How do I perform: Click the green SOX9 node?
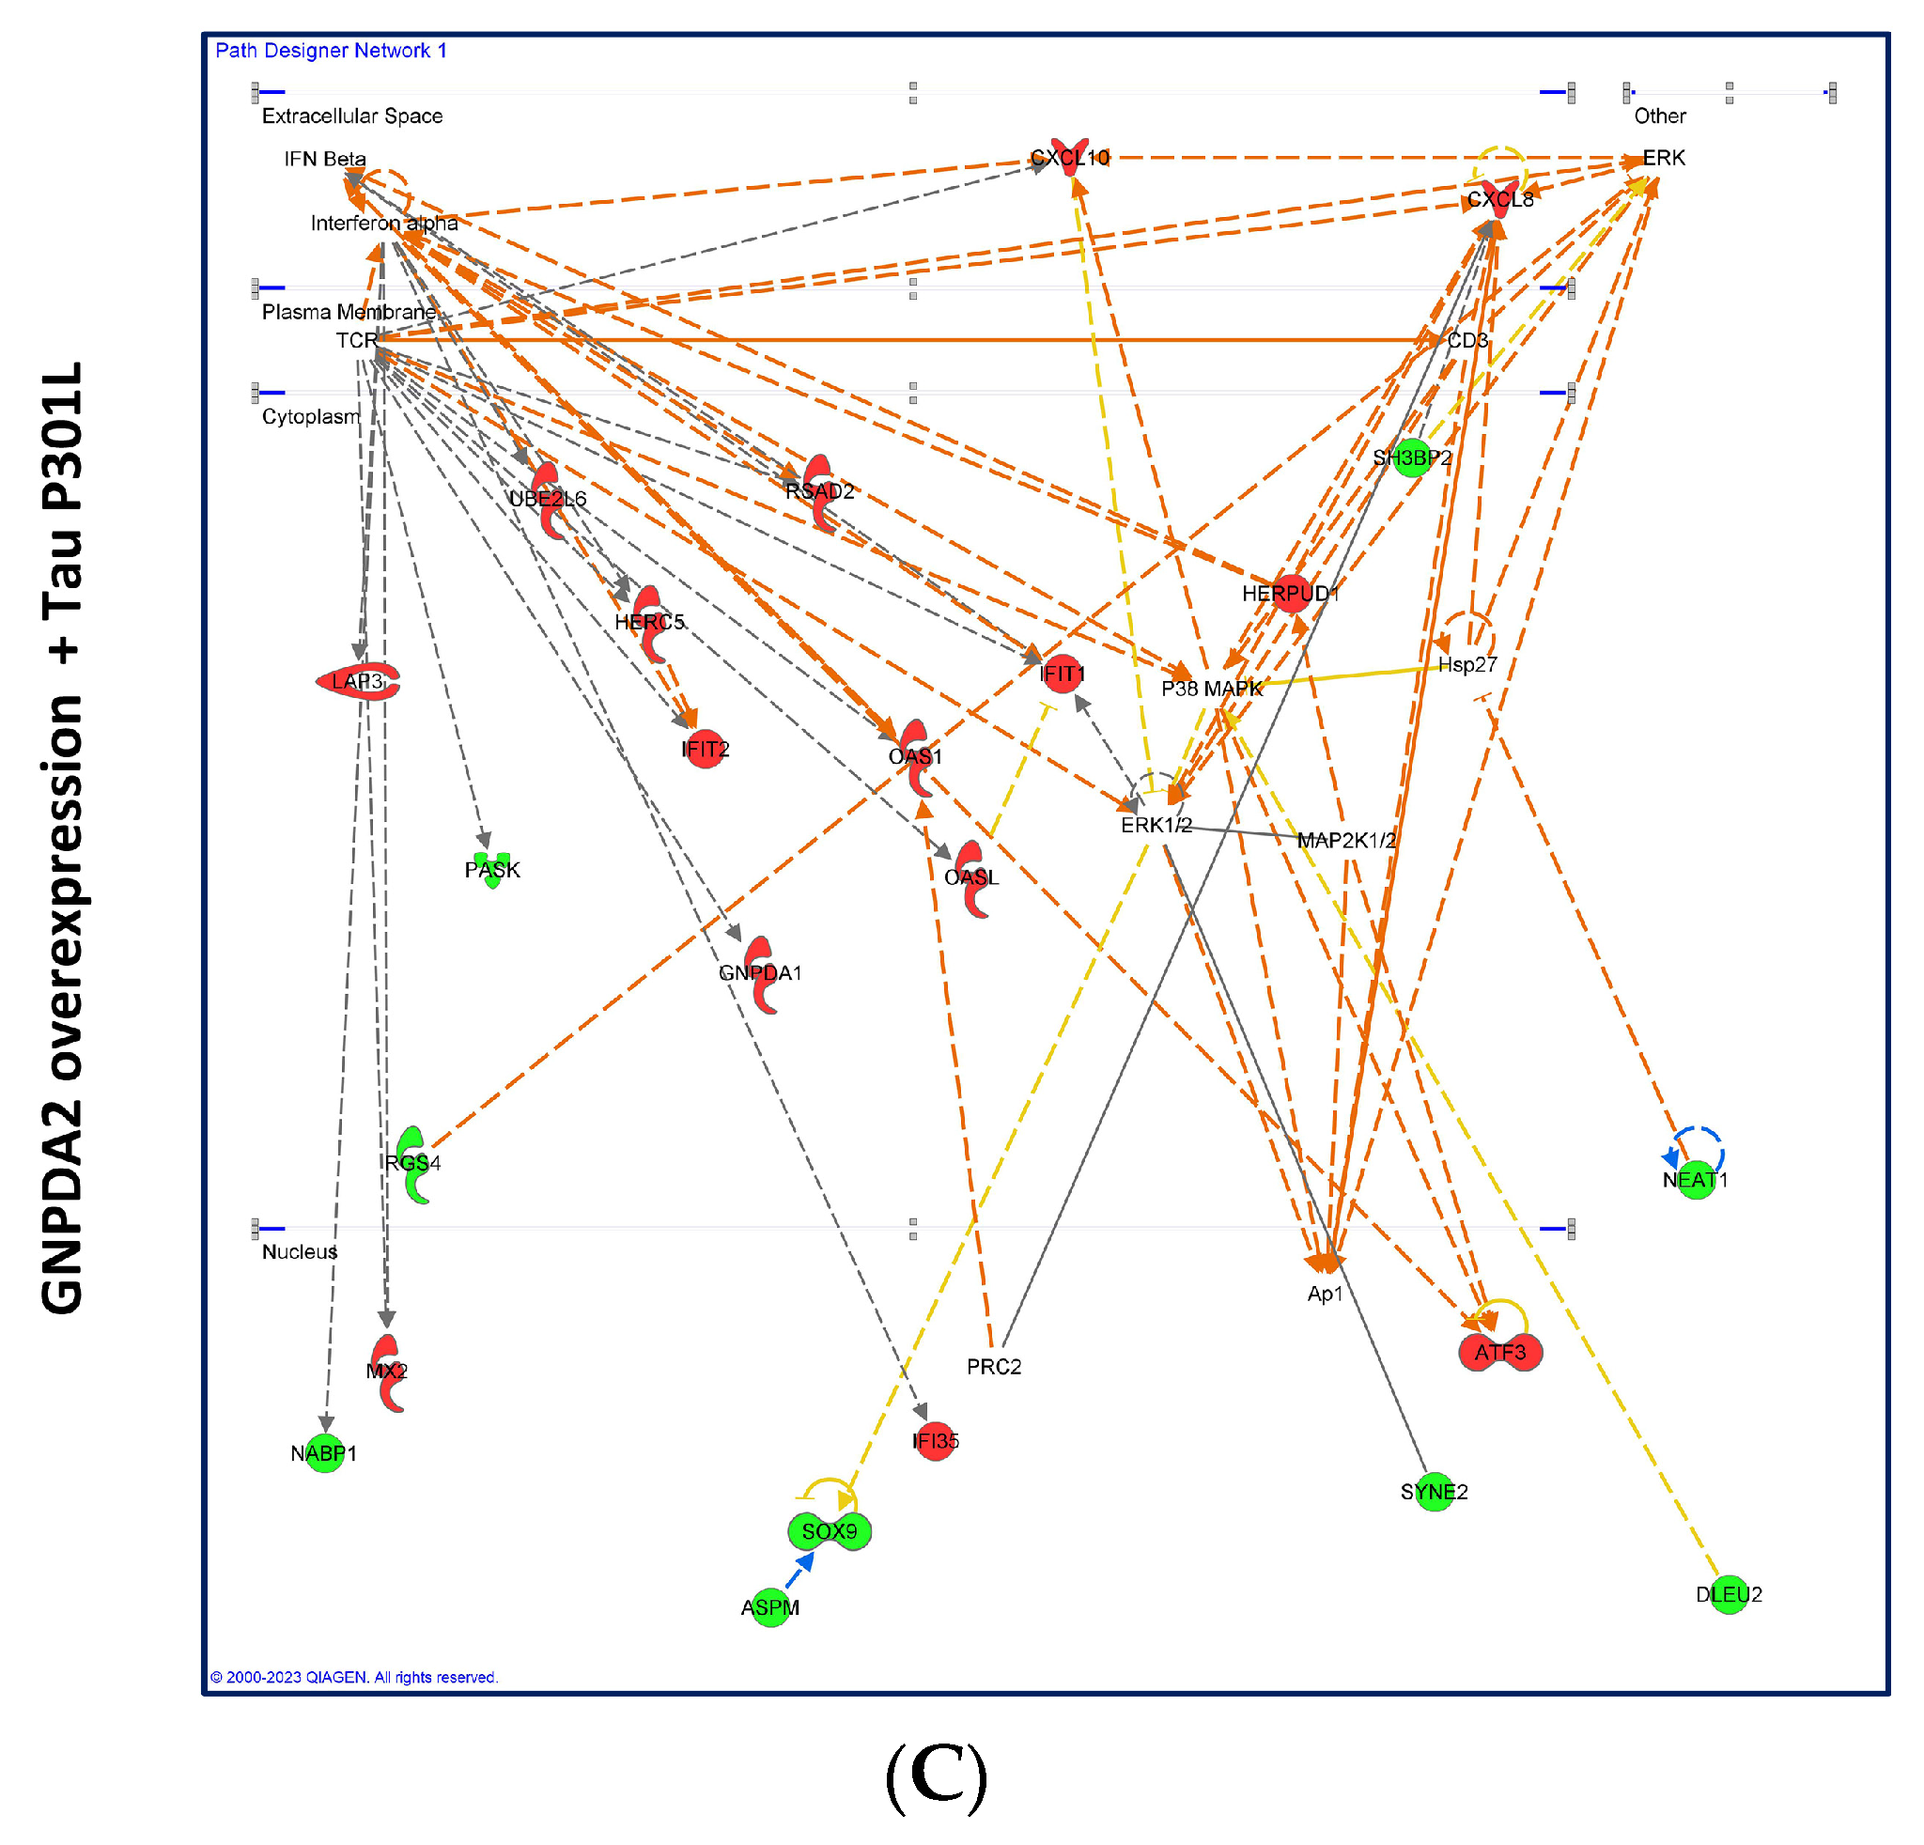(x=829, y=1531)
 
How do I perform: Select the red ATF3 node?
(x=1500, y=1353)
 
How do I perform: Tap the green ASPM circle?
(x=770, y=1607)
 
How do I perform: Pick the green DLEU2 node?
(x=1729, y=1595)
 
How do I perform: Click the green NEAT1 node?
(x=1696, y=1180)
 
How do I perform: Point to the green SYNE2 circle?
(x=1435, y=1492)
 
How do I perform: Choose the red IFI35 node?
(x=935, y=1441)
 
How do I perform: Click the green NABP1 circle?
(x=324, y=1453)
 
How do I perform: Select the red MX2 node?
(x=388, y=1371)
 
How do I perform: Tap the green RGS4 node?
(x=413, y=1163)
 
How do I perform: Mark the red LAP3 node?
(x=358, y=681)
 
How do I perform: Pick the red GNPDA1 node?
(x=761, y=972)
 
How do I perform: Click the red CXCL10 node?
(x=1070, y=157)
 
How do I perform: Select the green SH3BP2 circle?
(x=1412, y=457)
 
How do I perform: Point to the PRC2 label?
(x=993, y=1366)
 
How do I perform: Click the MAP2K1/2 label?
(x=1346, y=840)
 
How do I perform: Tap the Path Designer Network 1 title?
(x=331, y=50)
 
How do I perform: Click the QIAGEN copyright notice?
(x=354, y=1677)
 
